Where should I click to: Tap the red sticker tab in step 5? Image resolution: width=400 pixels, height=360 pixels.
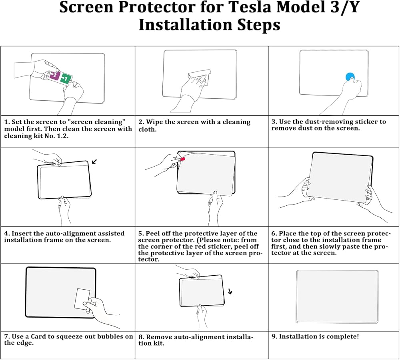tap(183, 159)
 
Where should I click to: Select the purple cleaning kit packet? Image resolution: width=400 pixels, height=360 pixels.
tap(55, 75)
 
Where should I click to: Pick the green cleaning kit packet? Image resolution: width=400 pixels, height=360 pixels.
tap(66, 79)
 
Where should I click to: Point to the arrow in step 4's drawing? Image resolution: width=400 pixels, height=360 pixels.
tap(94, 161)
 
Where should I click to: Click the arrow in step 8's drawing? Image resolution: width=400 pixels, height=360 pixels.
tap(230, 292)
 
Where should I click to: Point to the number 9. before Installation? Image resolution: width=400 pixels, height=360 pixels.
tap(274, 336)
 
